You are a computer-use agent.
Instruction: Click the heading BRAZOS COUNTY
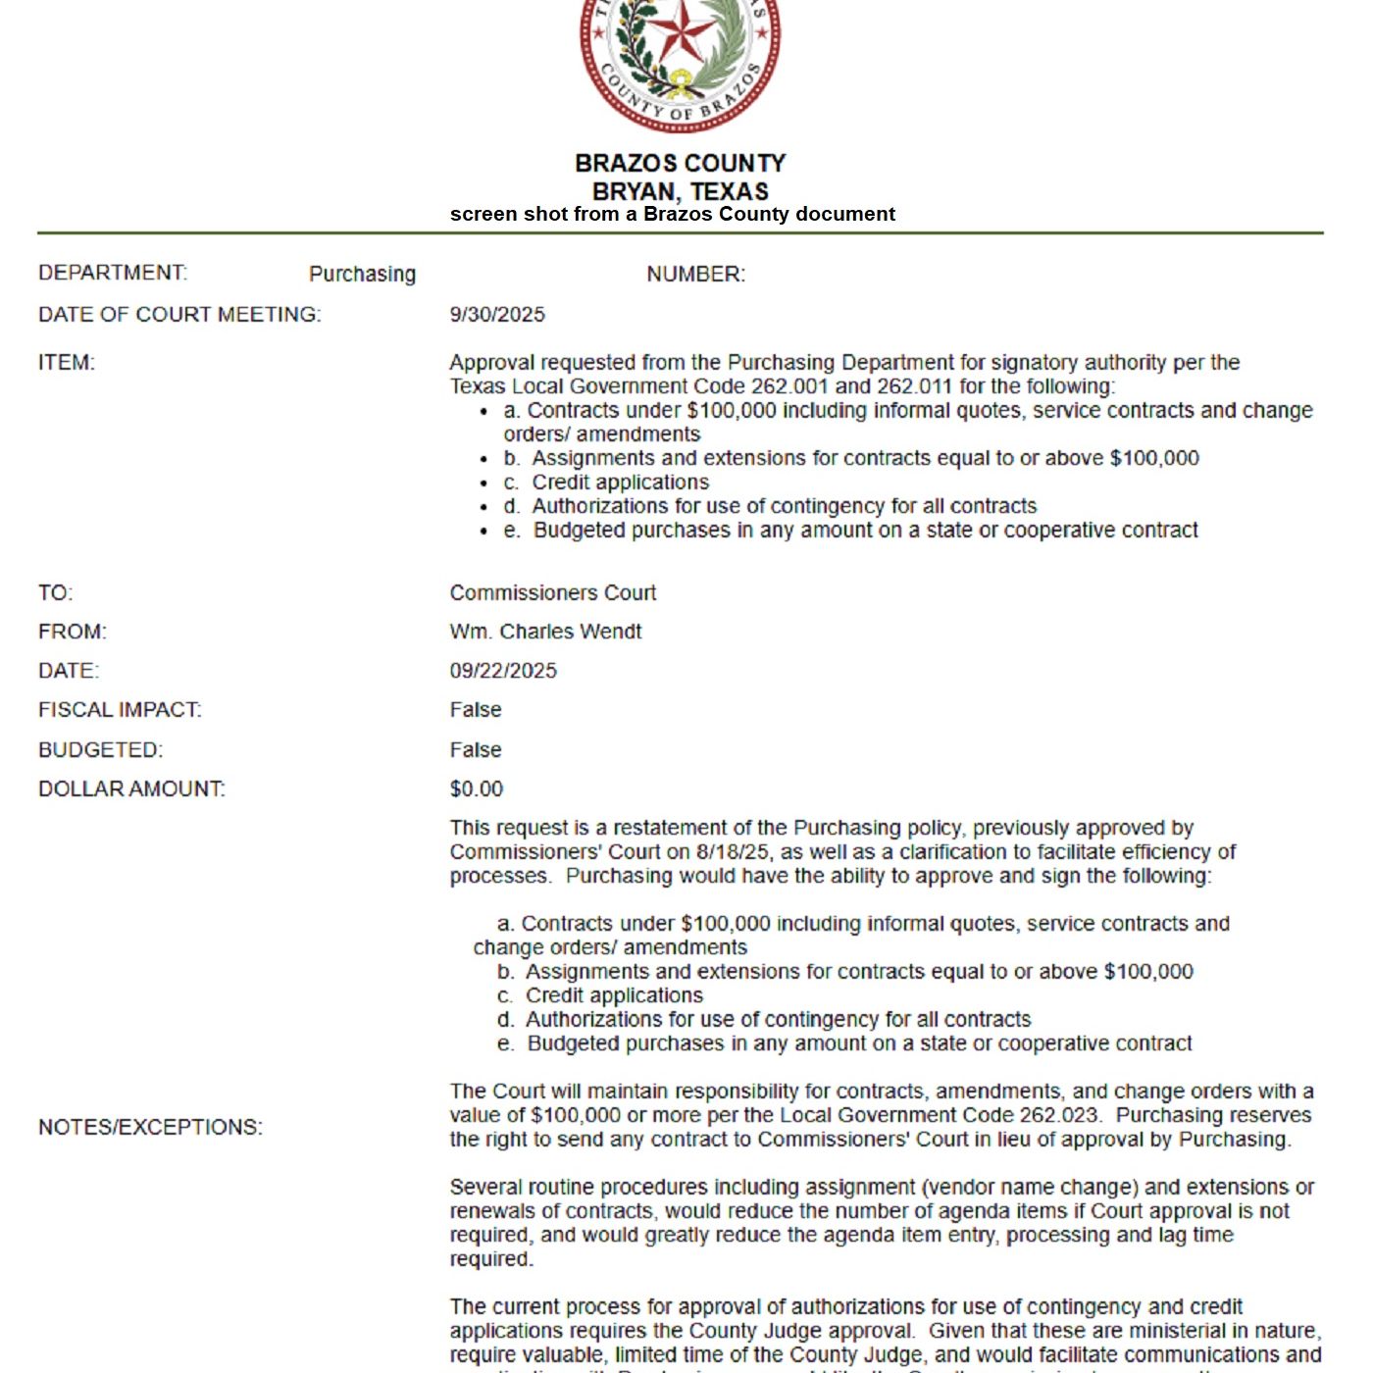pos(680,163)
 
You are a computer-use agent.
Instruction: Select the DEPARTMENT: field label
pos(113,273)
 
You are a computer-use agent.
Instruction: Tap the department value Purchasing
pos(362,275)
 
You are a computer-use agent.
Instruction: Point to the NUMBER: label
pos(695,275)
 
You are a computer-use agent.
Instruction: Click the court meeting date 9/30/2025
pos(497,315)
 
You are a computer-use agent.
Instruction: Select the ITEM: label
pos(67,363)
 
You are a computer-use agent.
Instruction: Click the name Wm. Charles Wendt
pos(545,632)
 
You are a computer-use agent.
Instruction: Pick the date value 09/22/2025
pos(503,671)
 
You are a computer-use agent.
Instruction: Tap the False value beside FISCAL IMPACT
pos(476,710)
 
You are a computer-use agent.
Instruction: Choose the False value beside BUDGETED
pos(476,750)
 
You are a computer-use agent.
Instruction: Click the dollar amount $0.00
pos(477,789)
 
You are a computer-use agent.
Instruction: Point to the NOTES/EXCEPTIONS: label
pos(150,1128)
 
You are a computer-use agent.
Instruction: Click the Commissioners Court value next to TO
pos(553,593)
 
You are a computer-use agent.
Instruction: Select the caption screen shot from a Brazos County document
pos(672,214)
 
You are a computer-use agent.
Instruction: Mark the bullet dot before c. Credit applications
pos(484,483)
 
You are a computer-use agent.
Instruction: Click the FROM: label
pos(73,632)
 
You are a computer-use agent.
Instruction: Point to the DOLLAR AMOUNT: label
pos(131,789)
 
